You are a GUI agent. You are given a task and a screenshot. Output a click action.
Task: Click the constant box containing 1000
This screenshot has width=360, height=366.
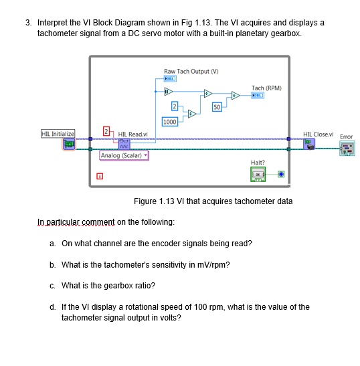tap(169, 122)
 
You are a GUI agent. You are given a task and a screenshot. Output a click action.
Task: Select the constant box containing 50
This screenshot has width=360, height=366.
tap(217, 107)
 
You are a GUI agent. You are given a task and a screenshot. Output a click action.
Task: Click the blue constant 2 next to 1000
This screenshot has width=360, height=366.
tap(175, 106)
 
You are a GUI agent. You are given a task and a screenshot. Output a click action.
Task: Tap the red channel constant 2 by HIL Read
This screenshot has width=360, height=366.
tap(106, 130)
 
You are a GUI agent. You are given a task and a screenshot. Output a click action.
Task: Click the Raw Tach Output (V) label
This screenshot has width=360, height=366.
tap(192, 71)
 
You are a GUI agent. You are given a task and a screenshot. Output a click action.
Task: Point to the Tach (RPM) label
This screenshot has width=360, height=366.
tap(266, 88)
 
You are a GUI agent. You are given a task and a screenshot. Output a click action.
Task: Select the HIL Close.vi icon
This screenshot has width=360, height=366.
tap(309, 143)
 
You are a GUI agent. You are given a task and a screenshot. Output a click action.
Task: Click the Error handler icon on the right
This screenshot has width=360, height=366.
tap(346, 147)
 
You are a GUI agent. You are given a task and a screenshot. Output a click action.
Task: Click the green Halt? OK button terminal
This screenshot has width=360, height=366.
tap(258, 174)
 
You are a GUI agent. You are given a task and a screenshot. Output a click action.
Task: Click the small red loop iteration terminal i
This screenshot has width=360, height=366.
tap(100, 177)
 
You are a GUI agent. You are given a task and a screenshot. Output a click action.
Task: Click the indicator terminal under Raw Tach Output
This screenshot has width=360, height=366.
tap(171, 78)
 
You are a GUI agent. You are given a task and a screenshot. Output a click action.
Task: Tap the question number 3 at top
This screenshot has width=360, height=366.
tap(28, 22)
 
